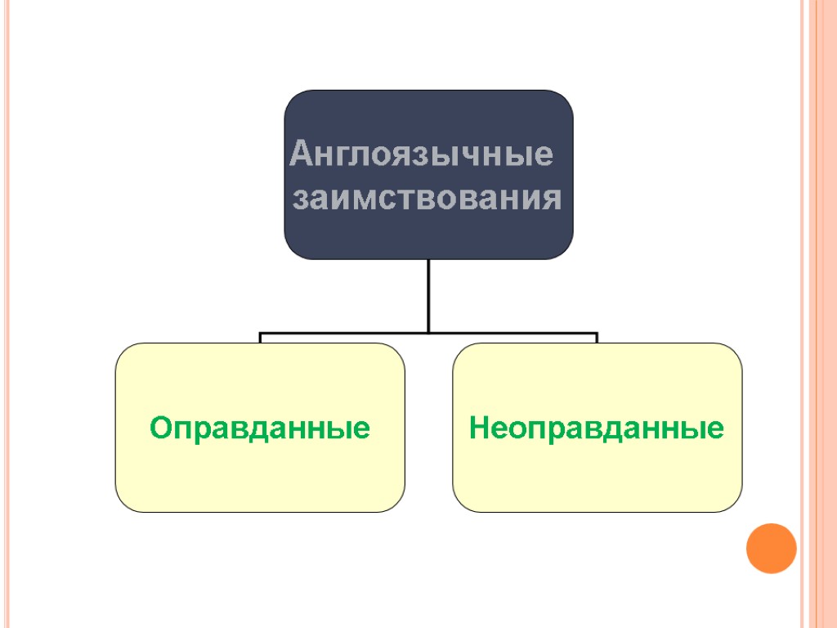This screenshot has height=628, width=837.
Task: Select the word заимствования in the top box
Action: click(x=427, y=199)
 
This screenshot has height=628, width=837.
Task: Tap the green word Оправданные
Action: click(x=259, y=428)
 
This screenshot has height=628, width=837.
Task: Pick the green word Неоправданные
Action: click(x=597, y=428)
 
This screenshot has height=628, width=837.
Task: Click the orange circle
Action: click(x=771, y=548)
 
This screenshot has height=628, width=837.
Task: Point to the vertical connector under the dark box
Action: click(x=428, y=294)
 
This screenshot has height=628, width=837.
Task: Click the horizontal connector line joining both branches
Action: click(x=343, y=334)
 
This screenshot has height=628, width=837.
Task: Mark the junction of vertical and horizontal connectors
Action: click(x=428, y=333)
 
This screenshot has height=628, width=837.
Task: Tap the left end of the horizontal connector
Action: click(x=261, y=335)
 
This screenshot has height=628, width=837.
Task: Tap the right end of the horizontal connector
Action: click(x=597, y=335)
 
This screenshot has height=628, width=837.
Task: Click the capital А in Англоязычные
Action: click(x=302, y=154)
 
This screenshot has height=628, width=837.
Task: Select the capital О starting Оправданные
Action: click(x=160, y=428)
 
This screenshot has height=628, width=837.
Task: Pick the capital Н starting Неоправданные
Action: click(x=480, y=428)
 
